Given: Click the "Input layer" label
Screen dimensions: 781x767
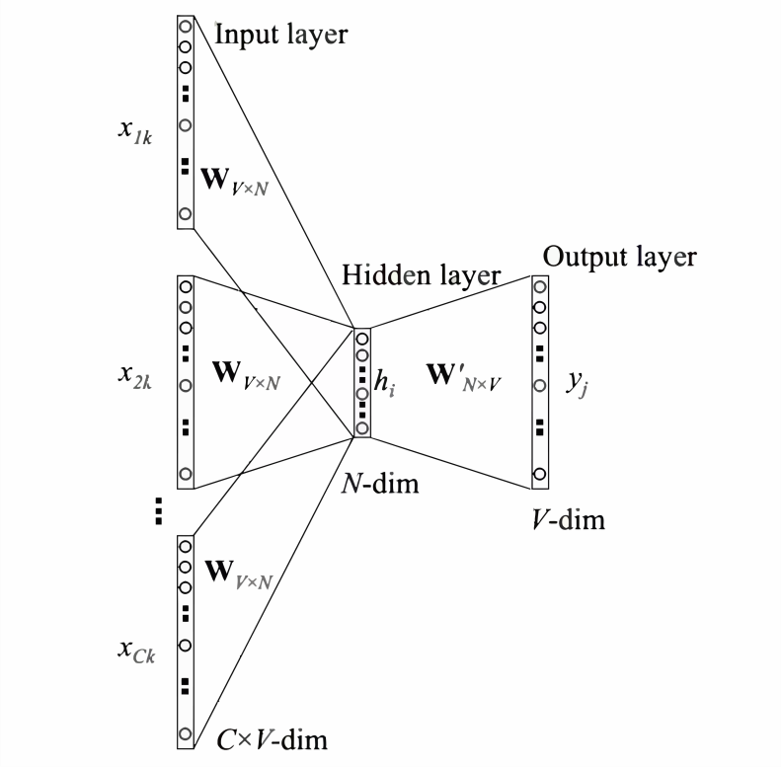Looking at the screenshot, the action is point(281,36).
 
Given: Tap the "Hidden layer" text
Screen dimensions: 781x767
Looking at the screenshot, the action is point(421,275).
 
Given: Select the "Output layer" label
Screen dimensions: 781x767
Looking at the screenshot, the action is point(620,258).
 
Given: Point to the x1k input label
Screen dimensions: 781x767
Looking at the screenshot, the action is point(135,132).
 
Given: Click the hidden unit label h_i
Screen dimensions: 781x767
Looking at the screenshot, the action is point(384,383).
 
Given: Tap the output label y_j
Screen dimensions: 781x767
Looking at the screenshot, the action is point(578,384).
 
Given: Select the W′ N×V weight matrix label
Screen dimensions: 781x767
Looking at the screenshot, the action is point(464,378).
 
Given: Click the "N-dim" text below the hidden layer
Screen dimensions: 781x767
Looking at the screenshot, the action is point(380,484).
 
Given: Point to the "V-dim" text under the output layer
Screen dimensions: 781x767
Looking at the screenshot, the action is point(569,520).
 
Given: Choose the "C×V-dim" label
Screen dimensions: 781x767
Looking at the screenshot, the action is point(272,740).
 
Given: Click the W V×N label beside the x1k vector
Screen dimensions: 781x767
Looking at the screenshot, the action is point(234,182).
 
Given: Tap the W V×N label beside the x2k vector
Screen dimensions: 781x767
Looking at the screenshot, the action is point(246,375).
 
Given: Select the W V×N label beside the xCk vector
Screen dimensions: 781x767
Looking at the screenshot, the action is point(239,575).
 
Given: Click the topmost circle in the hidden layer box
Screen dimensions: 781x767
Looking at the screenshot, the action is point(362,340).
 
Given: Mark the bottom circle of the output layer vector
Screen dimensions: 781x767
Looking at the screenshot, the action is point(539,474).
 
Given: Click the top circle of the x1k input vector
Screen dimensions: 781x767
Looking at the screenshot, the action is point(186,26).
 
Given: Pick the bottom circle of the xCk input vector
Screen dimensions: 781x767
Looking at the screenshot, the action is point(186,733).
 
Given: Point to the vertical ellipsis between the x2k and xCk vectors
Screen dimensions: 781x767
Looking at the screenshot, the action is point(158,511).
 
